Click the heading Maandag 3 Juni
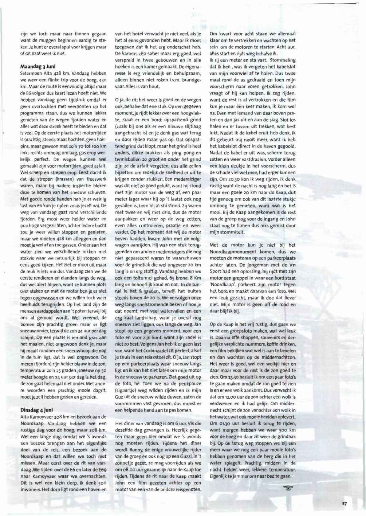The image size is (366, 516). pos(38,67)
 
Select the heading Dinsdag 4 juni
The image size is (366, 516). pos(36,410)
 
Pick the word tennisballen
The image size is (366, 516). pos(129,159)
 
